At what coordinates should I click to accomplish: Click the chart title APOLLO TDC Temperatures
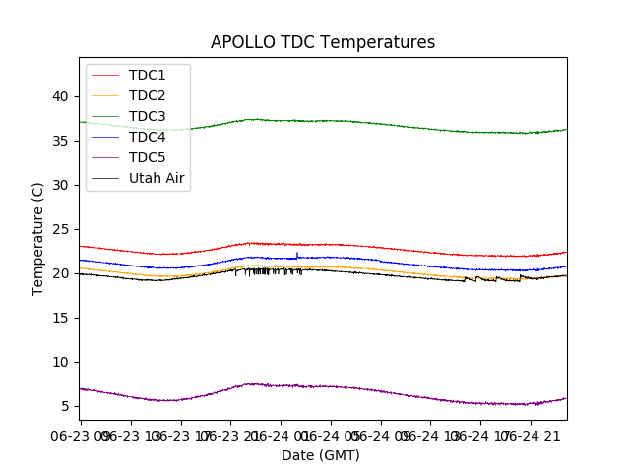point(323,42)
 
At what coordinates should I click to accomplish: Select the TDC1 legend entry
point(148,75)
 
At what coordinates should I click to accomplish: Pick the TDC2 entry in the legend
point(148,95)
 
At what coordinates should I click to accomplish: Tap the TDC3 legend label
point(148,116)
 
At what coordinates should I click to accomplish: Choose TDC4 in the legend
point(148,137)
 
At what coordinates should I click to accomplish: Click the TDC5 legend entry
point(148,157)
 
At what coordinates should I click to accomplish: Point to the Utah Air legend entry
point(157,178)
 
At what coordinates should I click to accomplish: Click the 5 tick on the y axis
point(64,406)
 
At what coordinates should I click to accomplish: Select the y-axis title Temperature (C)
point(38,239)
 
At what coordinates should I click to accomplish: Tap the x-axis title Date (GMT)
point(321,455)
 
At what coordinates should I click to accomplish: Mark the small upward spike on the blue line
point(297,254)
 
